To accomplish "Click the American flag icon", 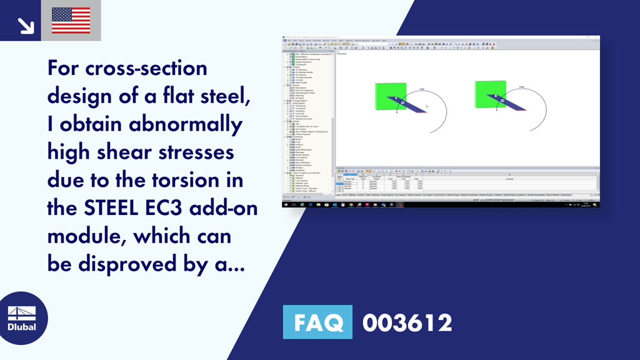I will (x=71, y=21).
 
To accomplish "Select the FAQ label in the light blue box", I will (x=317, y=322).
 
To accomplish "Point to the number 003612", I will (x=407, y=322).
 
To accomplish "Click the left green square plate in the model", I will (x=389, y=96).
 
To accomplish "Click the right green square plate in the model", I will (x=490, y=94).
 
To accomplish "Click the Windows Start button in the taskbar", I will (x=286, y=204).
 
